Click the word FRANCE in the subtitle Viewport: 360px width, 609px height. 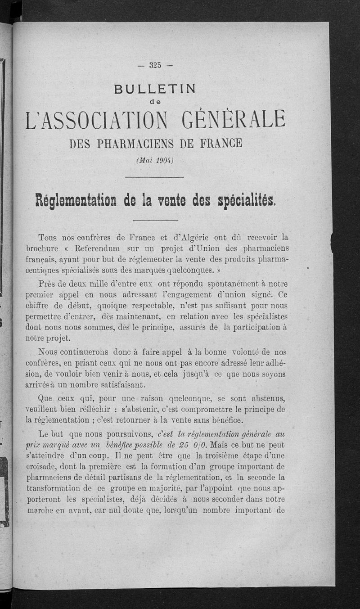219,144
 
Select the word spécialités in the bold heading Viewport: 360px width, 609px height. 240,199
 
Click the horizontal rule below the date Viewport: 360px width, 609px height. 155,177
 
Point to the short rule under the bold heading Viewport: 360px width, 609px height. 155,220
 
